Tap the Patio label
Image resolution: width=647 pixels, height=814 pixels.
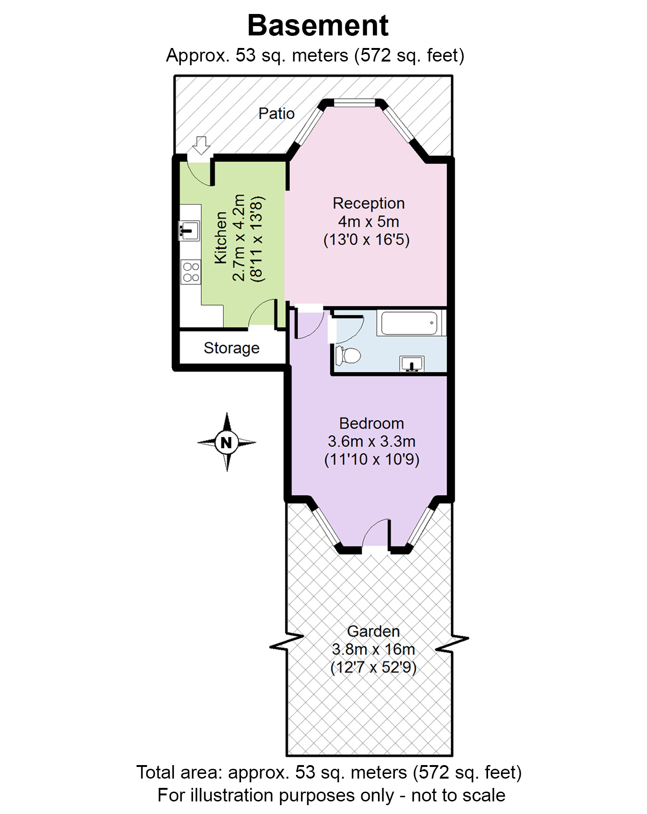[276, 113]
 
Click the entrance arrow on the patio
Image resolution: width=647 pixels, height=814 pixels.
[201, 145]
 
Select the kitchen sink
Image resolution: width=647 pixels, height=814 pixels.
[189, 230]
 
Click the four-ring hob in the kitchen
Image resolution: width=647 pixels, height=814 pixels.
[191, 272]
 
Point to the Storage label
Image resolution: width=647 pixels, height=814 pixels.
[231, 348]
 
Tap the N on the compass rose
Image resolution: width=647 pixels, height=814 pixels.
[227, 442]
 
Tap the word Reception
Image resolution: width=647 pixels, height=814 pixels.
[368, 203]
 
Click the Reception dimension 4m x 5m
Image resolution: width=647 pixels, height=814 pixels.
[368, 221]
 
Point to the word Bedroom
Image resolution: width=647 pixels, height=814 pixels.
[372, 423]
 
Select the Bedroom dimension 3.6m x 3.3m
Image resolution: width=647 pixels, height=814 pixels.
[372, 441]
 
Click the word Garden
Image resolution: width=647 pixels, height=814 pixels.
[373, 631]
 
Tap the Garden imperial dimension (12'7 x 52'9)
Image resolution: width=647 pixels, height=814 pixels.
[373, 667]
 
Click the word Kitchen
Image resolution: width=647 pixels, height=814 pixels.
[220, 238]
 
